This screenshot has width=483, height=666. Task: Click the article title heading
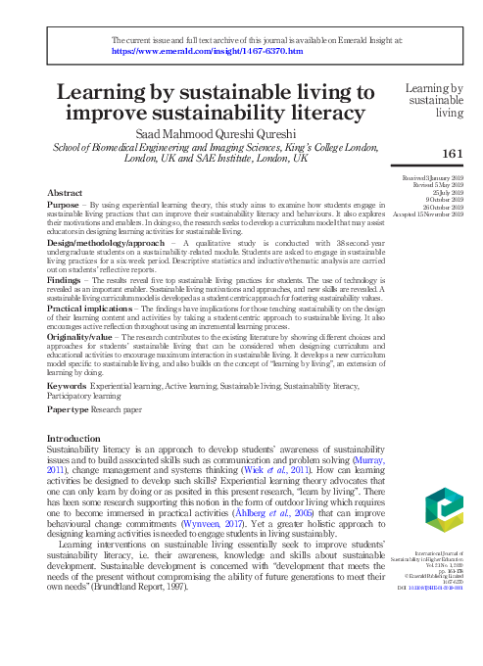tap(217, 102)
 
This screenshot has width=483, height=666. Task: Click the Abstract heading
tap(65, 194)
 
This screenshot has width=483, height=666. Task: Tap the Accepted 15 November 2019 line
tap(428, 214)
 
